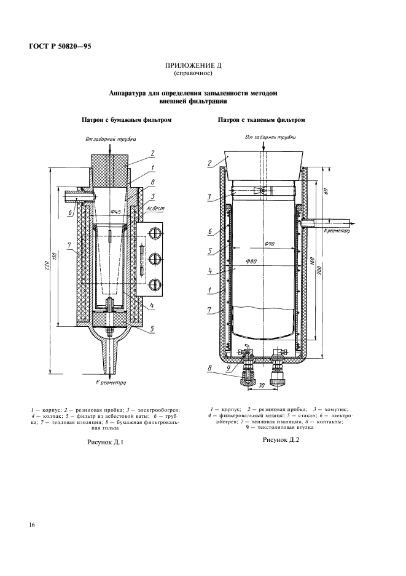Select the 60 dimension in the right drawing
[325, 192]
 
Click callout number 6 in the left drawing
[71, 213]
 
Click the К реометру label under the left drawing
[111, 382]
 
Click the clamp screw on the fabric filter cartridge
[263, 191]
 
